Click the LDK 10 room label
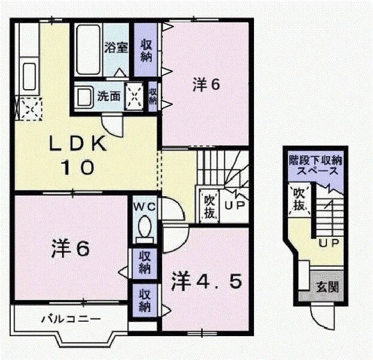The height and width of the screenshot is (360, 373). (78, 155)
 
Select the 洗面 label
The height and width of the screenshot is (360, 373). (109, 95)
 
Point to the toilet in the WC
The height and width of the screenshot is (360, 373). (144, 228)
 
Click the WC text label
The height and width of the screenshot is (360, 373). (144, 207)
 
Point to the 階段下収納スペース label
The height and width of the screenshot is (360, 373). (313, 165)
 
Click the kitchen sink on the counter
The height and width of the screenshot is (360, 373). (28, 75)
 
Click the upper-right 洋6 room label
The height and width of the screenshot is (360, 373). (206, 84)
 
